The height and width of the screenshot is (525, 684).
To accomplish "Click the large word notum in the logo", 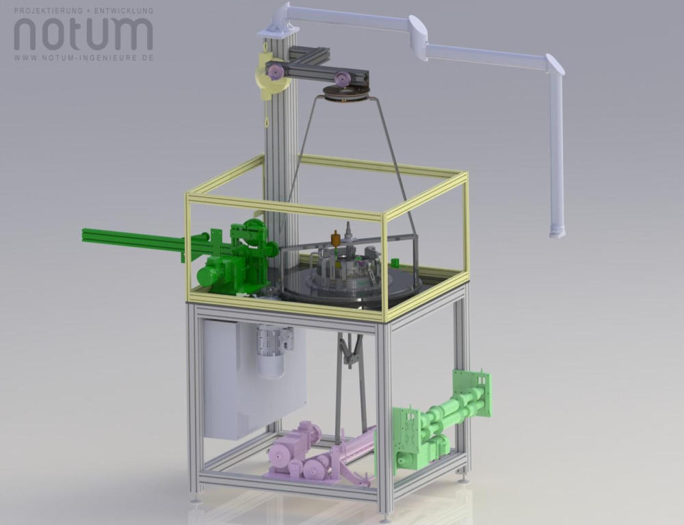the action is [x=83, y=34].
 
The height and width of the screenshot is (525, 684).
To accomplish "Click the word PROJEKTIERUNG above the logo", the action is [x=48, y=10].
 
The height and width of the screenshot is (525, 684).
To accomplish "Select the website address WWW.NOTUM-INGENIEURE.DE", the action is [x=83, y=57].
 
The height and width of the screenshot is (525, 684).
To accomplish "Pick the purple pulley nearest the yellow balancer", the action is [x=275, y=72].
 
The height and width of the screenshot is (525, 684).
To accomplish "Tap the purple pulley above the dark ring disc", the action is [x=343, y=79].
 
